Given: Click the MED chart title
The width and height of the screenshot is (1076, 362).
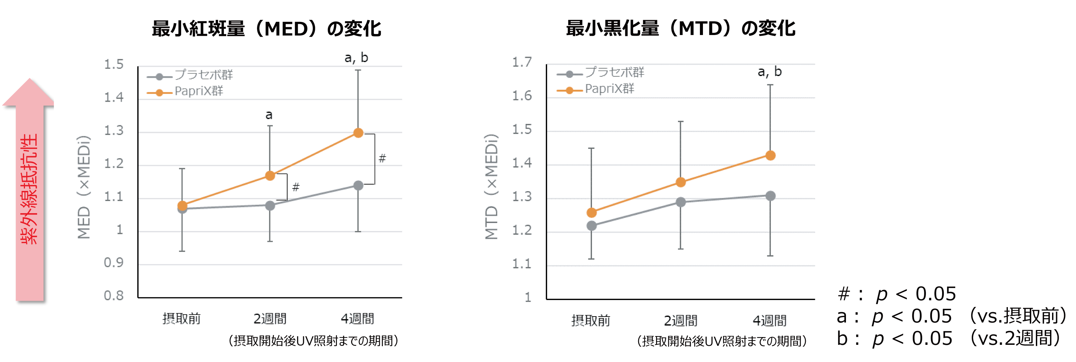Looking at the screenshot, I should [266, 29].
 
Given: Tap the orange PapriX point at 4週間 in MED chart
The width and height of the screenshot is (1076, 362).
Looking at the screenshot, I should [358, 133].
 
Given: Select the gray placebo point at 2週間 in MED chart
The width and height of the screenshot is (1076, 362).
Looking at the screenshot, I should [270, 206].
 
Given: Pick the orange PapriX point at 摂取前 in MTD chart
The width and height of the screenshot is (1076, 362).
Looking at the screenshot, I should [592, 213].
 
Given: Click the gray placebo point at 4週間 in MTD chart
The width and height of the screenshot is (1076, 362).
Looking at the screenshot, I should [770, 196].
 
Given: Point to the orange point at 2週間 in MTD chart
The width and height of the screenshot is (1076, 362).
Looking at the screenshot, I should [680, 182].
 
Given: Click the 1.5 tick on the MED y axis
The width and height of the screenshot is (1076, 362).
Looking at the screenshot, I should [114, 65].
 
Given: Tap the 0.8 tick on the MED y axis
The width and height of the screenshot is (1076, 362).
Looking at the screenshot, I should [114, 296].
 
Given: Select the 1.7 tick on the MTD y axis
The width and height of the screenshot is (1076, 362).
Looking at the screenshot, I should [522, 63].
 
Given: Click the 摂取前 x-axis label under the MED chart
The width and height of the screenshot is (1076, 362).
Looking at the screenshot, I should [181, 319].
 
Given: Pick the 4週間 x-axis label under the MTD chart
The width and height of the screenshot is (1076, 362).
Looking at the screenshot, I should [769, 321].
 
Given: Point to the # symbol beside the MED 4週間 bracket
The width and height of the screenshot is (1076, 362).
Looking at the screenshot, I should [382, 159].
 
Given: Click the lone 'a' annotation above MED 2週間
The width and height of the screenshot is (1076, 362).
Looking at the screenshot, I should [269, 115].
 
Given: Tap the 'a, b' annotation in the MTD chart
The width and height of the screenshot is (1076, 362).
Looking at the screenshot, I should [769, 72].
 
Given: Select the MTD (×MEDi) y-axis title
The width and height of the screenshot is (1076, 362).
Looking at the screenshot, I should [492, 187].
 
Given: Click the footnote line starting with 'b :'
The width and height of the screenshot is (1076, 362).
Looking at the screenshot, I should [948, 338].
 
